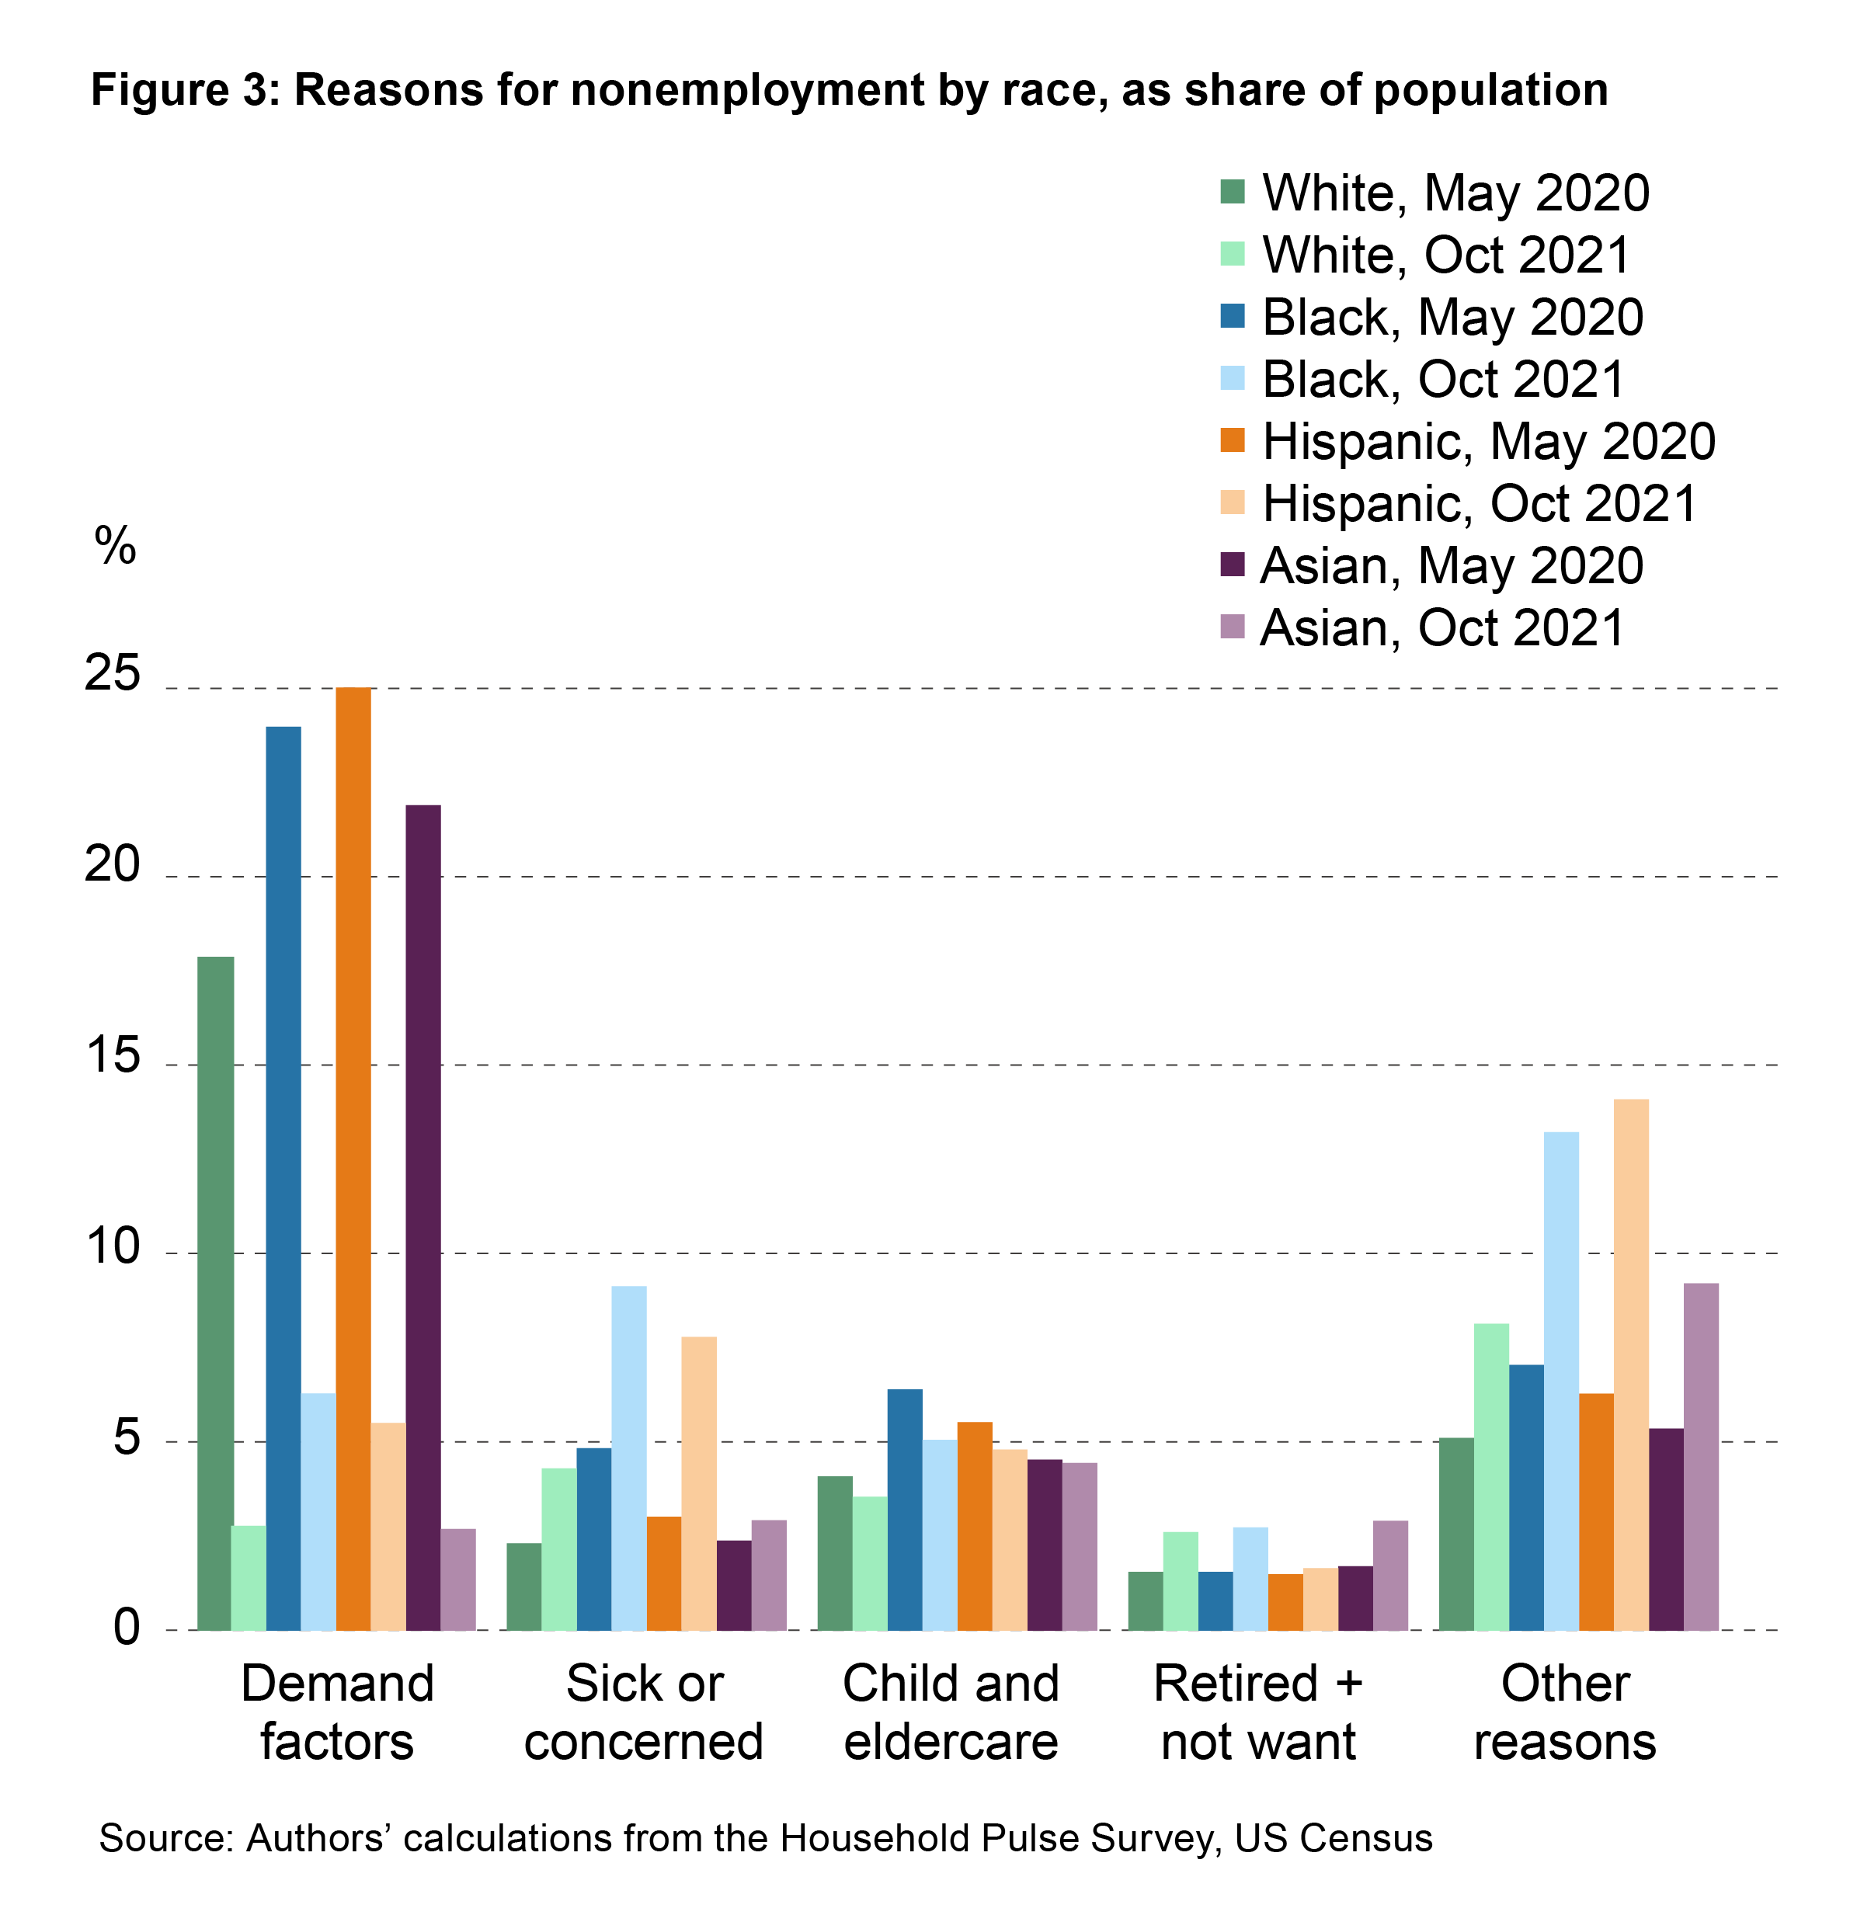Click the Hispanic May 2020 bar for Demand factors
pyautogui.click(x=353, y=1158)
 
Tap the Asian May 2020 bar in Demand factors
pyautogui.click(x=423, y=1217)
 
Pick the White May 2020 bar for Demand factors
pyautogui.click(x=216, y=1294)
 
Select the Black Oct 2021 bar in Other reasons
pyautogui.click(x=1562, y=1382)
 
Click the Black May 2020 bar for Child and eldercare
pyautogui.click(x=905, y=1510)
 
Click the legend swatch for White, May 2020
pyautogui.click(x=1233, y=191)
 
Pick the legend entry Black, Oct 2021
pyautogui.click(x=1441, y=380)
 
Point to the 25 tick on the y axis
pyautogui.click(x=113, y=675)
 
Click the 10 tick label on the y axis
pyautogui.click(x=113, y=1247)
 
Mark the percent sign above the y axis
pyautogui.click(x=115, y=545)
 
